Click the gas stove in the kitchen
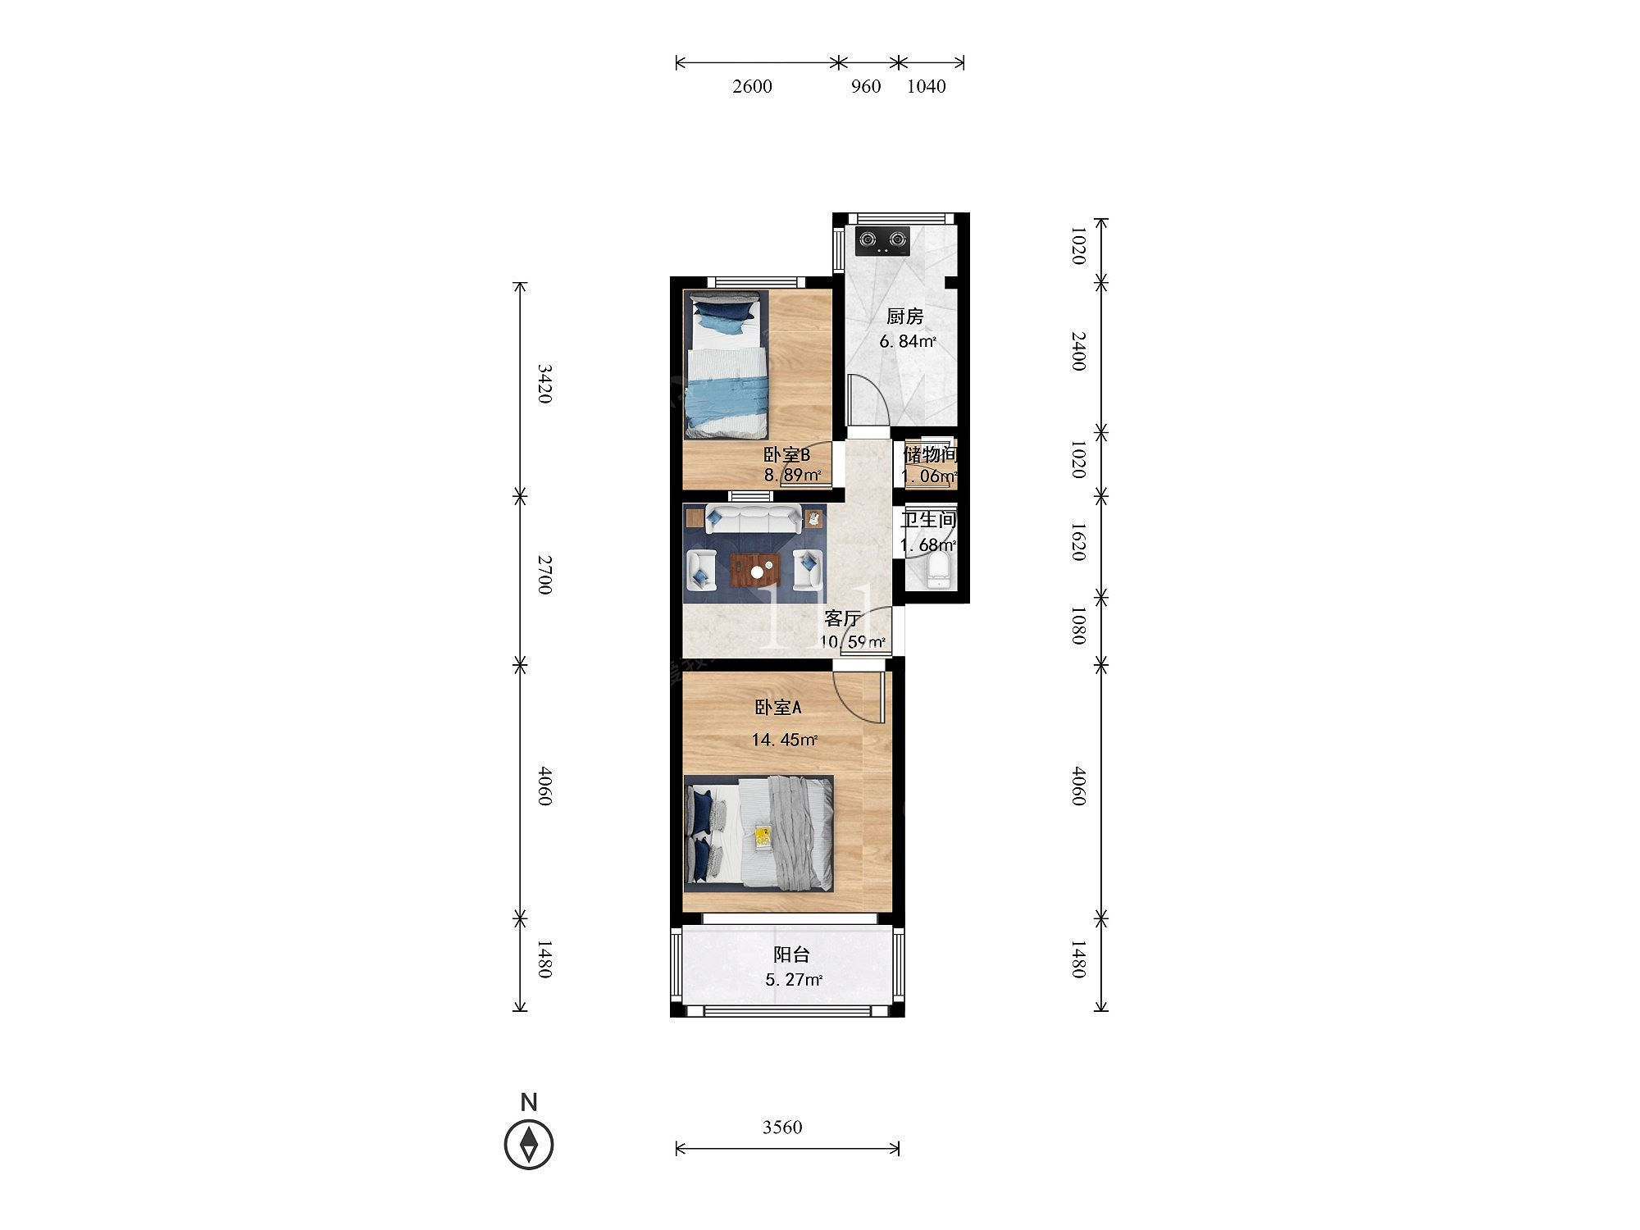pyautogui.click(x=883, y=241)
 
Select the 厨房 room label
pyautogui.click(x=905, y=317)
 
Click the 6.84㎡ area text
pyautogui.click(x=908, y=342)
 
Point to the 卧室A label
pyautogui.click(x=778, y=707)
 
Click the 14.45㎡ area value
pyautogui.click(x=784, y=740)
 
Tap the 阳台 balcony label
pyautogui.click(x=792, y=954)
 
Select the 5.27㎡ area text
pyautogui.click(x=794, y=980)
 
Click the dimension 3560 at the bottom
pyautogui.click(x=782, y=1127)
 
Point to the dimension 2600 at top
pyautogui.click(x=752, y=86)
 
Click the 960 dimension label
pyautogui.click(x=866, y=86)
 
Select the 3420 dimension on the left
pyautogui.click(x=544, y=384)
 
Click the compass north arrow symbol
pyautogui.click(x=529, y=1143)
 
